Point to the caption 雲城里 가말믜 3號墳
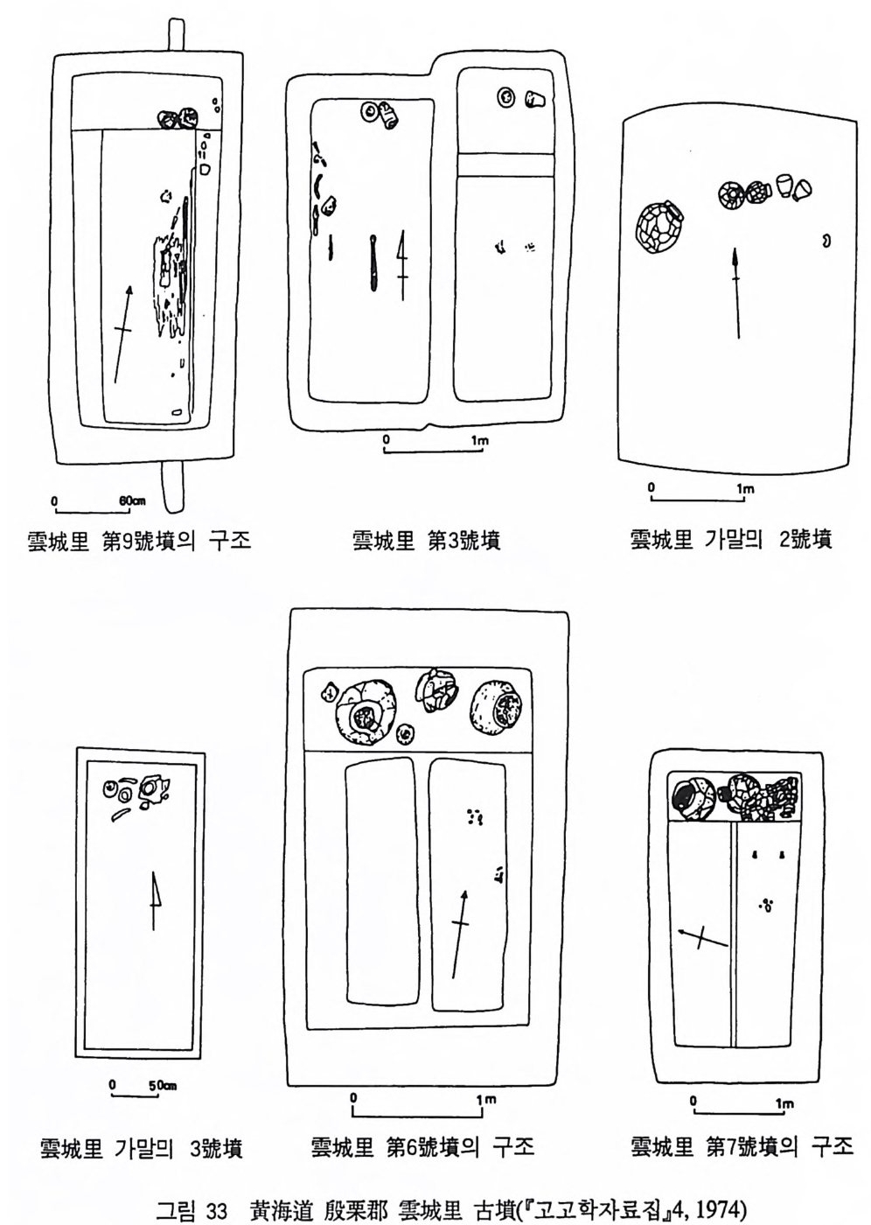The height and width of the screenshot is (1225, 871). (x=141, y=1147)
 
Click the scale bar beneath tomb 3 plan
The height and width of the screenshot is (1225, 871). (x=432, y=451)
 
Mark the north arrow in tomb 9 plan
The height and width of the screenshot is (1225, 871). (x=122, y=332)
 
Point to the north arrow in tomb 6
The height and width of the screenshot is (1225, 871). (x=458, y=933)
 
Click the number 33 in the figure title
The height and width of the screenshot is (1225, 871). (x=216, y=1210)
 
